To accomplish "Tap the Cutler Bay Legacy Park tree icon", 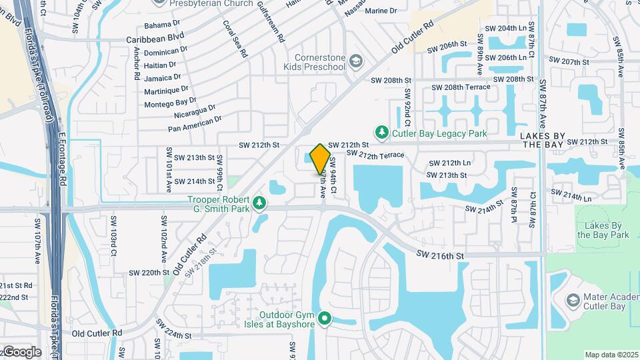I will pos(382,133).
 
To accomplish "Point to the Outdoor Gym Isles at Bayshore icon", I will pos(325,319).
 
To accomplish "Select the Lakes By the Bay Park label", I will pos(603,230).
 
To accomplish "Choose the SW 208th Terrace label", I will pos(461,87).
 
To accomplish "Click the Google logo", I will pos(21,351).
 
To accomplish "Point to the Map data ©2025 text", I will pos(611,354).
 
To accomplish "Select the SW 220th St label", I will pos(145,273).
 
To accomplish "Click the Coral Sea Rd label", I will pos(235,39).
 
